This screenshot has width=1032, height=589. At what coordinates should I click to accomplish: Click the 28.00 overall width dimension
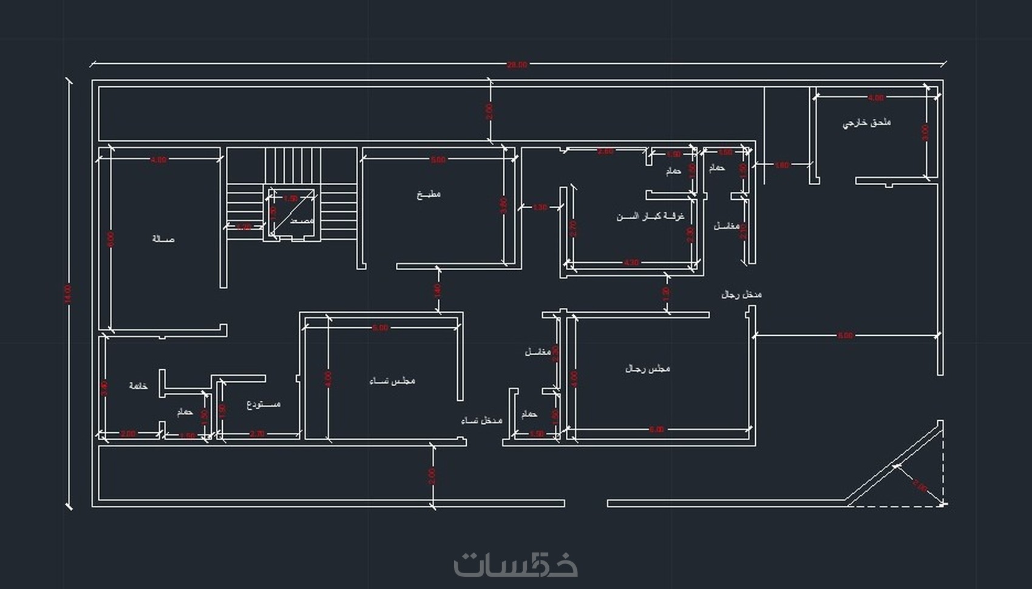click(x=517, y=64)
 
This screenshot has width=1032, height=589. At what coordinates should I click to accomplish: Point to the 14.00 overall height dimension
click(x=68, y=293)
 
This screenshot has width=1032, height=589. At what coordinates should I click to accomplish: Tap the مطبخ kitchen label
click(x=429, y=194)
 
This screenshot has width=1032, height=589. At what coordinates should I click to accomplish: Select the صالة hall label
click(x=163, y=239)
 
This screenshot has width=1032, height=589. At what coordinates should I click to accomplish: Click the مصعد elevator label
click(x=302, y=220)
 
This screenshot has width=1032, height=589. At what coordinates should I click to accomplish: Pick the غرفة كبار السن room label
click(x=650, y=217)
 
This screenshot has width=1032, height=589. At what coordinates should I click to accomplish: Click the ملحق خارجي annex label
click(x=866, y=123)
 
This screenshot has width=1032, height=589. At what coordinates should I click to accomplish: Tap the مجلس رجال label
click(x=648, y=369)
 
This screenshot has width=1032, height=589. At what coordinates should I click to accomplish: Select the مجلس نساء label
click(x=392, y=381)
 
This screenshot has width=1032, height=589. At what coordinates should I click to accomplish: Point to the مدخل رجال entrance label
click(x=741, y=294)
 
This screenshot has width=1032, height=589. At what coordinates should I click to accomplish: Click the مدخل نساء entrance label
click(x=482, y=420)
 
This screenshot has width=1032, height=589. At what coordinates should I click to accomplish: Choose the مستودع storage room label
click(x=263, y=404)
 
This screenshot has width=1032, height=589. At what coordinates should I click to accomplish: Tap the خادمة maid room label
click(x=138, y=386)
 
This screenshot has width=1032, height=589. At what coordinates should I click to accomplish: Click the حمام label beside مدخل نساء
click(x=529, y=414)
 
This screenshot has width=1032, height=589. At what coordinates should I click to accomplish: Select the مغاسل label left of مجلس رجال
click(x=537, y=352)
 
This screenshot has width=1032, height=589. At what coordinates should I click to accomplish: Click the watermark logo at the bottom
click(x=516, y=564)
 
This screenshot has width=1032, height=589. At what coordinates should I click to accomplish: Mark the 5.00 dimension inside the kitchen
click(x=438, y=160)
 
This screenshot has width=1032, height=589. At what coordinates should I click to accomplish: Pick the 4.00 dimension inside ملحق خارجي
click(x=876, y=97)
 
